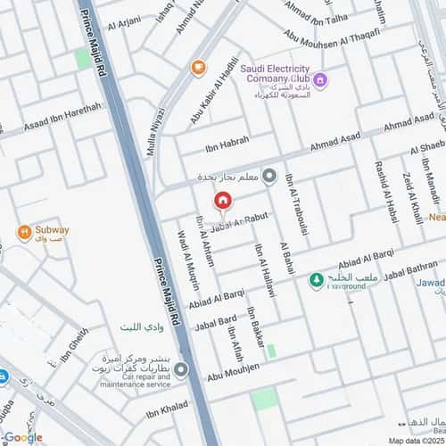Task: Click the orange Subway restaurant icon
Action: tap(24, 235)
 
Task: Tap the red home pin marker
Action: tap(223, 202)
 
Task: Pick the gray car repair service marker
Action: tap(181, 369)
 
